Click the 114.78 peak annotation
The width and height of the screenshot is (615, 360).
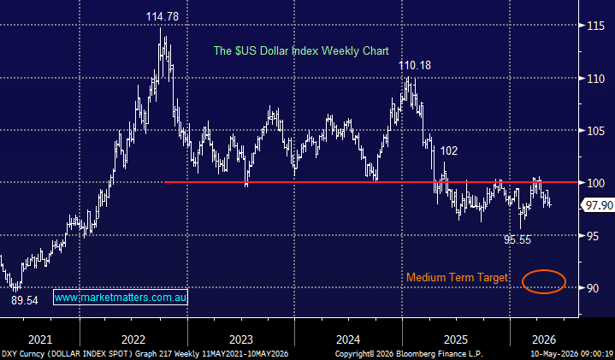click(162, 16)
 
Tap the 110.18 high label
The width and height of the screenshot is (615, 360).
click(415, 66)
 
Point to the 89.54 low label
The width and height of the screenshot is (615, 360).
click(25, 301)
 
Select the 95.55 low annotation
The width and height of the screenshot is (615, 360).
click(517, 239)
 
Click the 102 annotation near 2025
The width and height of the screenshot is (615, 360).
click(449, 151)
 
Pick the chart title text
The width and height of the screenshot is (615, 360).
click(301, 51)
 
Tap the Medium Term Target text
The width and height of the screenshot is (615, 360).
click(457, 278)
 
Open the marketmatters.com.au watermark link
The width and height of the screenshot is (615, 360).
click(121, 298)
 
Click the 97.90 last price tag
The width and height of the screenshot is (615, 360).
click(599, 205)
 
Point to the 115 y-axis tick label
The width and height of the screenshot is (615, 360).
click(596, 27)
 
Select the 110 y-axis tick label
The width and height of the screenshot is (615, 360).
click(596, 79)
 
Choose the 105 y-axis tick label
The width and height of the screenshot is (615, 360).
click(596, 131)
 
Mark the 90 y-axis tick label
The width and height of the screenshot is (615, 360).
click(593, 288)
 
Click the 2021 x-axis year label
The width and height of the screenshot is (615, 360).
click(40, 339)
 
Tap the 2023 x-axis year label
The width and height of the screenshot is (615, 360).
click(241, 339)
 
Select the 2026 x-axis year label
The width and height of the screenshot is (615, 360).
click(544, 339)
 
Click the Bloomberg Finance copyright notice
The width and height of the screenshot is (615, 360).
click(409, 354)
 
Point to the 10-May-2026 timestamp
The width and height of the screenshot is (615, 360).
click(572, 354)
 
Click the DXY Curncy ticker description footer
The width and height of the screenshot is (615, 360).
click(145, 354)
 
